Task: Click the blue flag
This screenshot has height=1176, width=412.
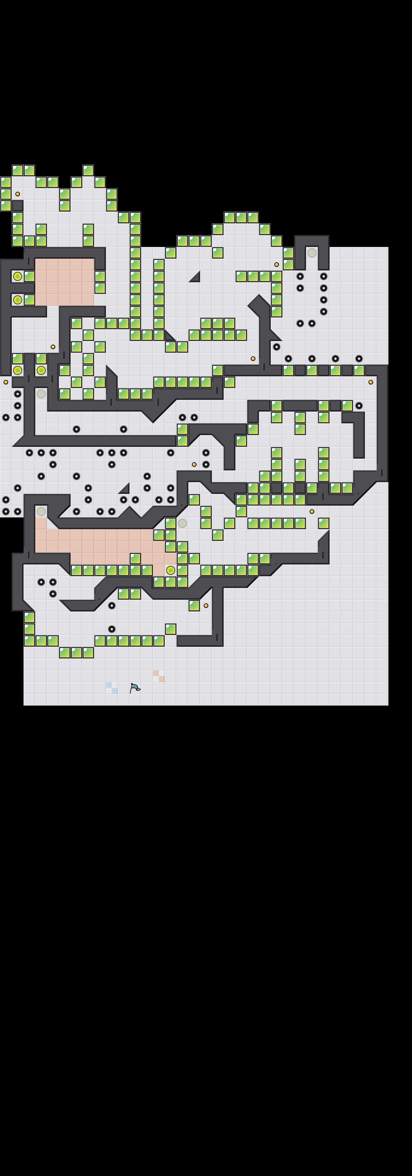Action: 135,688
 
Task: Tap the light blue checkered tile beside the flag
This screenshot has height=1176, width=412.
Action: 112,688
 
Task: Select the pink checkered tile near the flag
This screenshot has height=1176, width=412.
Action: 159,676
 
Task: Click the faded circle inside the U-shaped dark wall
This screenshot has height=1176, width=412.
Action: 312,253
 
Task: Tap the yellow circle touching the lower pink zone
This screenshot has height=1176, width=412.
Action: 170,570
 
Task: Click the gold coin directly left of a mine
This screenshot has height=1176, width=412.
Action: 194,464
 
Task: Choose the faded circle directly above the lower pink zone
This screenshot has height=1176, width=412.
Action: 41,511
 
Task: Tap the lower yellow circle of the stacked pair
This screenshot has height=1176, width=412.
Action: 17,300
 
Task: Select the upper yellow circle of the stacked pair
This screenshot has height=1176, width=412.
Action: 17,276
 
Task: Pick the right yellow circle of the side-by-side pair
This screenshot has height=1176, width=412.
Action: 41,370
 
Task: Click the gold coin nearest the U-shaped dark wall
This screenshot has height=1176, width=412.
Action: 276,264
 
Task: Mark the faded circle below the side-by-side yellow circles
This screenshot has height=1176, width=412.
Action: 41,394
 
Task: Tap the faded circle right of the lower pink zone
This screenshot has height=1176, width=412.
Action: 182,523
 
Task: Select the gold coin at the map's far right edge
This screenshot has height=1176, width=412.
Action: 371,382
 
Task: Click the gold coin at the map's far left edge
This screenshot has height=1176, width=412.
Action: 6,382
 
